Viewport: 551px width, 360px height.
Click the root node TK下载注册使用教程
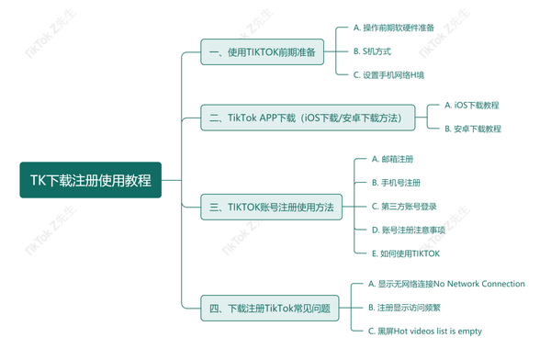(x=90, y=180)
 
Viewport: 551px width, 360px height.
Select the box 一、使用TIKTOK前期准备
(x=262, y=52)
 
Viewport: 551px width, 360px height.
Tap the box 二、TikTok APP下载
(x=308, y=118)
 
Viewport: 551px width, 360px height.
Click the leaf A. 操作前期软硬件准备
(x=394, y=28)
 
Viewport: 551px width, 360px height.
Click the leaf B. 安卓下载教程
(x=472, y=129)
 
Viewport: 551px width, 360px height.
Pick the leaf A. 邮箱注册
(x=394, y=160)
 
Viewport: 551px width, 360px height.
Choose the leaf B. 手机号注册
(x=396, y=183)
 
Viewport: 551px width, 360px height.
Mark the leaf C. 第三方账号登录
(x=403, y=206)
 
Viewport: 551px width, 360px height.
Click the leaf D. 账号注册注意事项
(x=408, y=230)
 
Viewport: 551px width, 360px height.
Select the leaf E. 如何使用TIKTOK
(x=405, y=253)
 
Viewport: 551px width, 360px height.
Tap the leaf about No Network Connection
(x=445, y=284)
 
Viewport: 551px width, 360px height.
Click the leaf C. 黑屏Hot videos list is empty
(x=423, y=331)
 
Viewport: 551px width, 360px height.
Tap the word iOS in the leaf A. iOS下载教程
(x=462, y=106)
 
